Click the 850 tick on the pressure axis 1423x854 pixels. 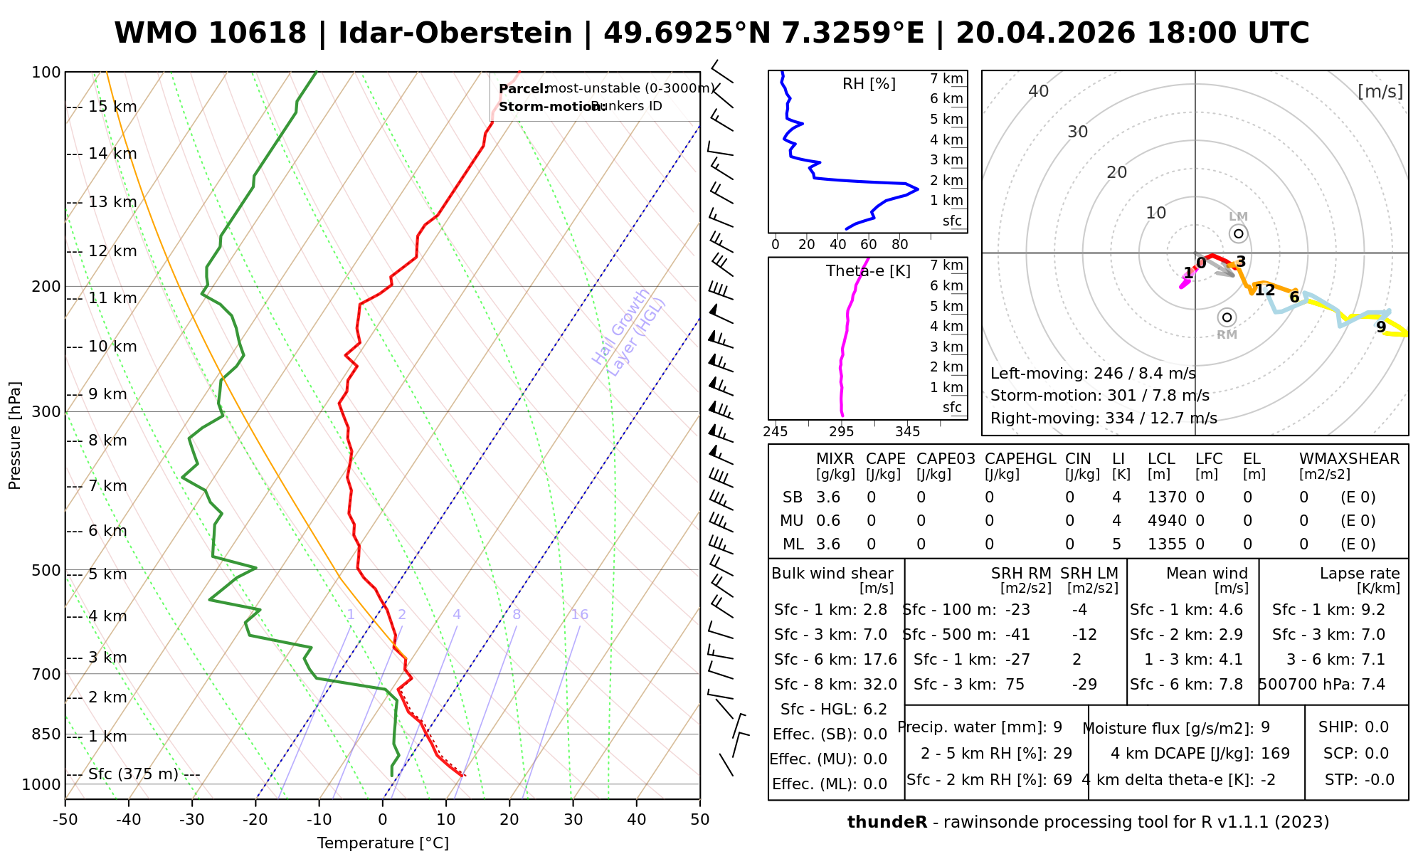[x=47, y=734]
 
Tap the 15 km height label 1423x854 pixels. [x=112, y=107]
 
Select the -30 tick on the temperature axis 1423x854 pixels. [x=191, y=820]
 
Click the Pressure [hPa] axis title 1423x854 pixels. [x=15, y=436]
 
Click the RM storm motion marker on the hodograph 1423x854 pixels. [x=1226, y=317]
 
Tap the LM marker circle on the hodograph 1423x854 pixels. [x=1239, y=233]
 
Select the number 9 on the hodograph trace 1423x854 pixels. [x=1381, y=327]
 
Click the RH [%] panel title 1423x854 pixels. [x=869, y=84]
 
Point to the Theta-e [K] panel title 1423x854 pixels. [x=868, y=271]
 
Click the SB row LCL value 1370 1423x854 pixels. [x=1167, y=497]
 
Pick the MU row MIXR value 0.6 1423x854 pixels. [x=828, y=521]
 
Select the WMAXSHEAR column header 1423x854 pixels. [x=1349, y=459]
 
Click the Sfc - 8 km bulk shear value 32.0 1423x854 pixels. [x=880, y=685]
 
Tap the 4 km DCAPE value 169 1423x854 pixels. [x=1275, y=754]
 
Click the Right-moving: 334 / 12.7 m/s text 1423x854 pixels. [x=1104, y=418]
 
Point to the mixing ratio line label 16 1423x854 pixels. [x=579, y=615]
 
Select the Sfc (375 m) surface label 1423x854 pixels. [x=133, y=774]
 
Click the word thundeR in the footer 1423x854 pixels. [x=887, y=823]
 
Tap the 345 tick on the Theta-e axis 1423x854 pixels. [x=907, y=432]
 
